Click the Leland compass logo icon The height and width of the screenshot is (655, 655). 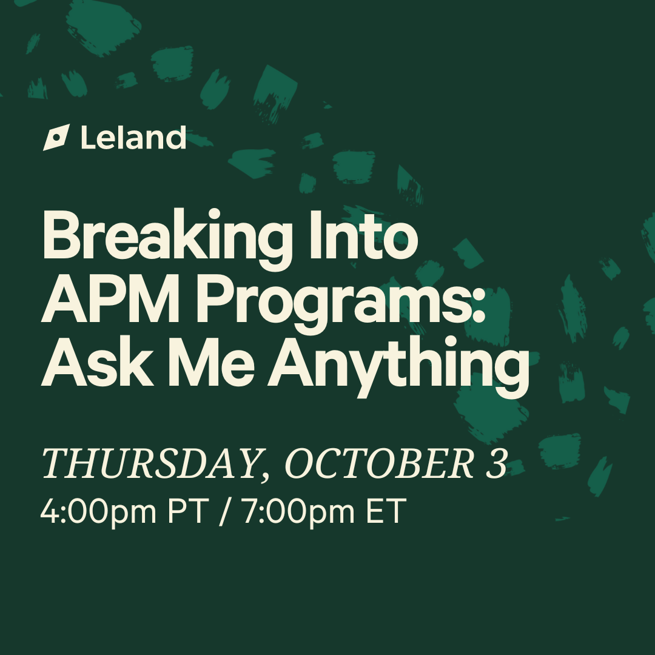56,137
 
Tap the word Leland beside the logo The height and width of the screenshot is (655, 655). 133,137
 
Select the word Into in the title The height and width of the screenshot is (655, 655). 363,235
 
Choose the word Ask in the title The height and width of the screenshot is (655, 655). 97,361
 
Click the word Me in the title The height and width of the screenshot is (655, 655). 212,362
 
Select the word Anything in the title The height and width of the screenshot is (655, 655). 398,366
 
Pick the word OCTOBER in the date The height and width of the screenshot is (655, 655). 379,463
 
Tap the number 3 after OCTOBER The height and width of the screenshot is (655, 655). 497,463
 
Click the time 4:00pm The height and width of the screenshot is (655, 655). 98,511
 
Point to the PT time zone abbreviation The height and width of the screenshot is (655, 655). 188,511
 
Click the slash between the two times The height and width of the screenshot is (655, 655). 225,511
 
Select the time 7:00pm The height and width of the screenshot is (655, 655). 298,511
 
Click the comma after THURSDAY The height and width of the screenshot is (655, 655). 264,476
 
